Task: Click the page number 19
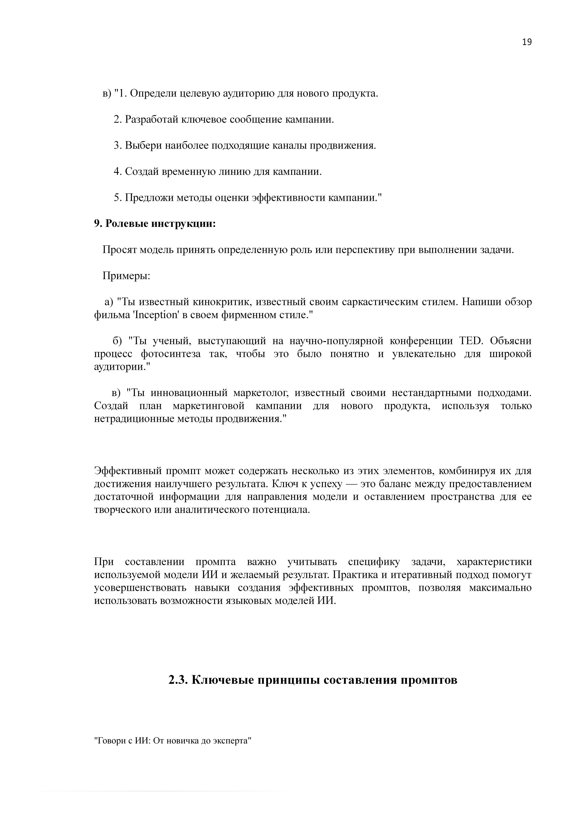coord(527,42)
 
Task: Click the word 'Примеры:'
coord(126,276)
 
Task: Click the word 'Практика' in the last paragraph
coord(354,575)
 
